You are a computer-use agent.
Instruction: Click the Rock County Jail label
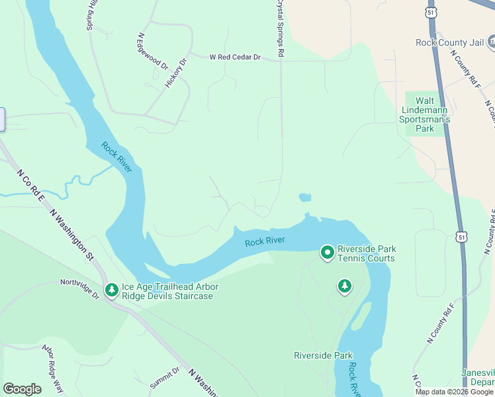(x=451, y=42)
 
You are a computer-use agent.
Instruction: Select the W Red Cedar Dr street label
(x=235, y=58)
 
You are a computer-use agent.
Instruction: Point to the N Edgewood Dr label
(x=153, y=52)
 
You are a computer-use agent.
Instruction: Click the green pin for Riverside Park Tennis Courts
(x=327, y=252)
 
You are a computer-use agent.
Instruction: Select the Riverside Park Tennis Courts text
(x=366, y=253)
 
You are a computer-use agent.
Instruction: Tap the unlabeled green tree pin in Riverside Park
(x=344, y=287)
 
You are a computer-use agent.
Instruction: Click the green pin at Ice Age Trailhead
(x=111, y=290)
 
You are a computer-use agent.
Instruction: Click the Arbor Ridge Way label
(x=52, y=369)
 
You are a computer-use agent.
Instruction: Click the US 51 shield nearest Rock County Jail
(x=432, y=13)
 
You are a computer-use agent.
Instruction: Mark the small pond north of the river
(x=304, y=197)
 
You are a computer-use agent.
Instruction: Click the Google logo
(x=22, y=389)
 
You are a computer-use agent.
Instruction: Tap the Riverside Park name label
(x=324, y=355)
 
